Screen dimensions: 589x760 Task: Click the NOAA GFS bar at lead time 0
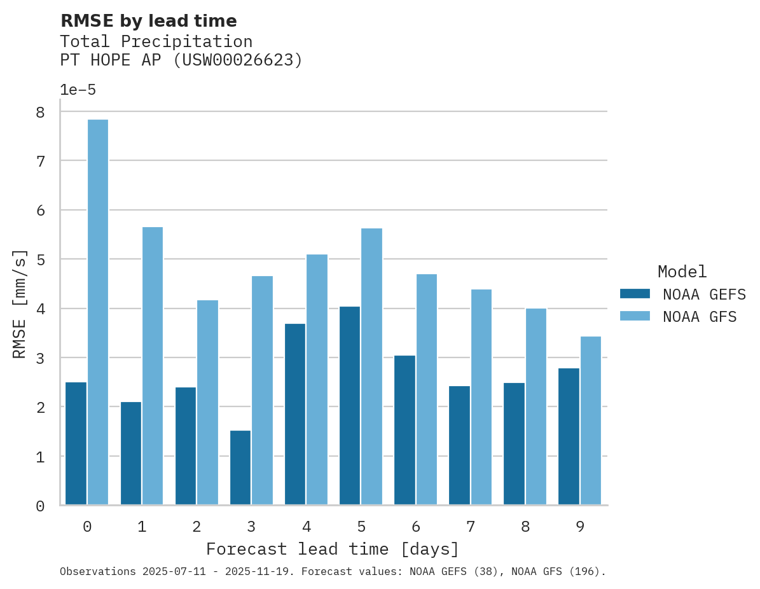[x=98, y=312]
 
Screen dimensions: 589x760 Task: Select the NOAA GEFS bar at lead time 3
[x=240, y=468]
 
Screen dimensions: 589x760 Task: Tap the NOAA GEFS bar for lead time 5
[x=350, y=406]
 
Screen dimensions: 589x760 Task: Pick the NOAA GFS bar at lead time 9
[x=590, y=420]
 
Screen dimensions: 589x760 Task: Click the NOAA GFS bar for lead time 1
[x=153, y=366]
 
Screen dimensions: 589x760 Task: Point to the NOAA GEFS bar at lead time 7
[x=459, y=445]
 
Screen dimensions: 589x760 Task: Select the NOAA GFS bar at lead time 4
[x=317, y=380]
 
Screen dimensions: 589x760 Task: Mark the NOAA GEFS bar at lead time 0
[x=76, y=443]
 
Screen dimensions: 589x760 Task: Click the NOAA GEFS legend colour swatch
[x=635, y=294]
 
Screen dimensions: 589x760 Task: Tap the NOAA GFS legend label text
[x=699, y=317]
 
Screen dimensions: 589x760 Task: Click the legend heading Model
[x=682, y=272]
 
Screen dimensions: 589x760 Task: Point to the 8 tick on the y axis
[x=40, y=113]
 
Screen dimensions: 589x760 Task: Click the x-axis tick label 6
[x=416, y=527]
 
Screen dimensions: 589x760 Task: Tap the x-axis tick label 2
[x=197, y=527]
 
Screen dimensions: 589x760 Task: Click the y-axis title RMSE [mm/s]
[x=20, y=304]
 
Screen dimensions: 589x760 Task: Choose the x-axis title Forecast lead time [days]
[x=332, y=549]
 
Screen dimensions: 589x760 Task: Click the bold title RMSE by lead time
[x=148, y=21]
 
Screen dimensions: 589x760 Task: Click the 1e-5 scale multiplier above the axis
[x=78, y=90]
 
